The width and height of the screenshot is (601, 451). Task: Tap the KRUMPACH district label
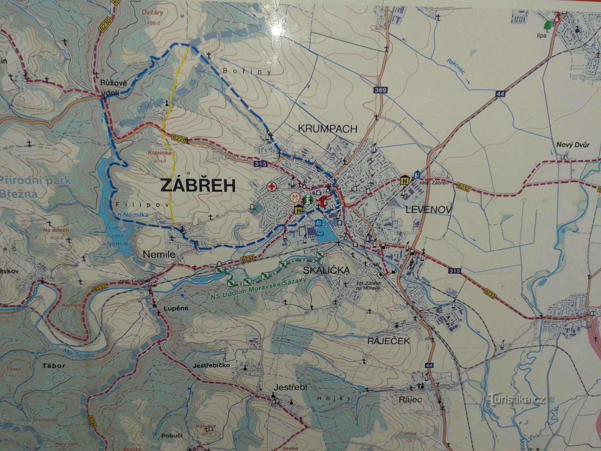(327, 129)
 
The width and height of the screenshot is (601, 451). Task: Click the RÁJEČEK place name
(389, 341)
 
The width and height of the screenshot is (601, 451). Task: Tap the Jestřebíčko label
(212, 366)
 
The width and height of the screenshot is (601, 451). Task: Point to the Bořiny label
(247, 71)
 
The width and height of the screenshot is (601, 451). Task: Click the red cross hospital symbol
(271, 186)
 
